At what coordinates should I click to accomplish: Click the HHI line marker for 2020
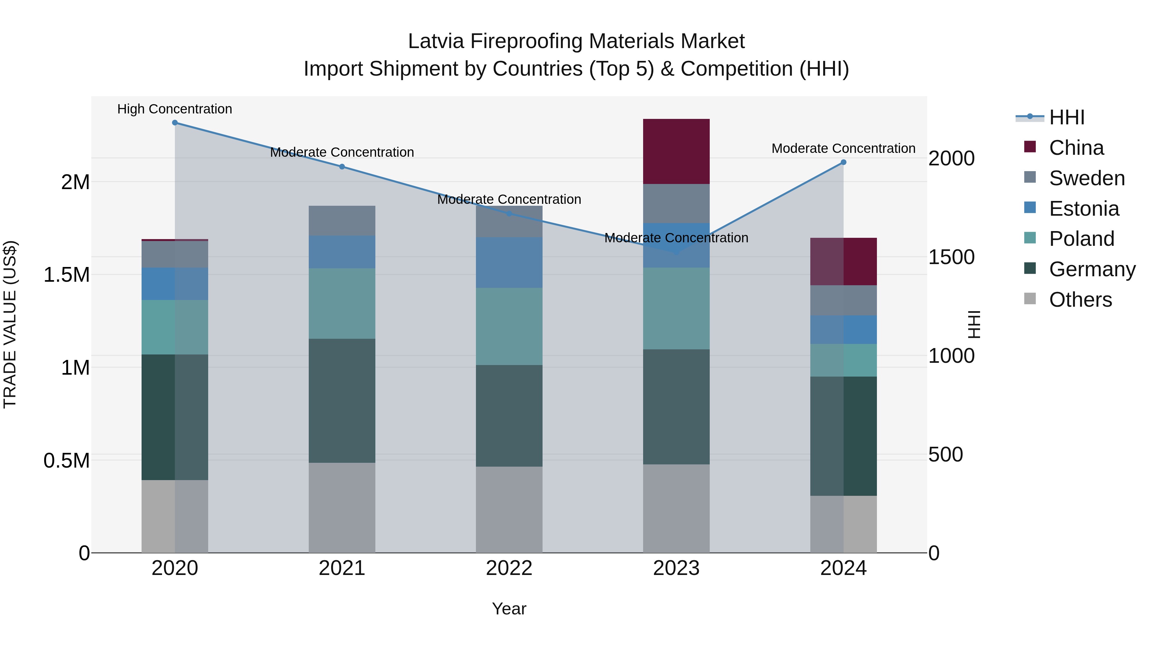175,123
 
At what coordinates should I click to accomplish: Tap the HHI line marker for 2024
843,162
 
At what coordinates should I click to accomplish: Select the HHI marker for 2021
342,167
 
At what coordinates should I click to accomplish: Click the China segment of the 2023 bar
676,151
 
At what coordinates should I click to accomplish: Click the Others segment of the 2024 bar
843,524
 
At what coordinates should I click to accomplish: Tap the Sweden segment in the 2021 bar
342,221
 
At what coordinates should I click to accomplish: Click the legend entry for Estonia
1083,209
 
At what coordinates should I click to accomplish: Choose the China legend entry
1076,148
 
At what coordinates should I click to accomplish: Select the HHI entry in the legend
1067,117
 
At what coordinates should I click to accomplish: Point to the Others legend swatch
1030,299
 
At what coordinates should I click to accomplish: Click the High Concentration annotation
175,109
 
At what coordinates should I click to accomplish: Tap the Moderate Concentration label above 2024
843,148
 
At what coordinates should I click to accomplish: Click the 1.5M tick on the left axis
66,275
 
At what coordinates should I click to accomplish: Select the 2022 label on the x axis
509,568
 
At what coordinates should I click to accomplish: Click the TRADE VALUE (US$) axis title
10,324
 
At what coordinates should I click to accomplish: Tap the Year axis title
509,609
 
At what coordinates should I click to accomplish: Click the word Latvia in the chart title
436,41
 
